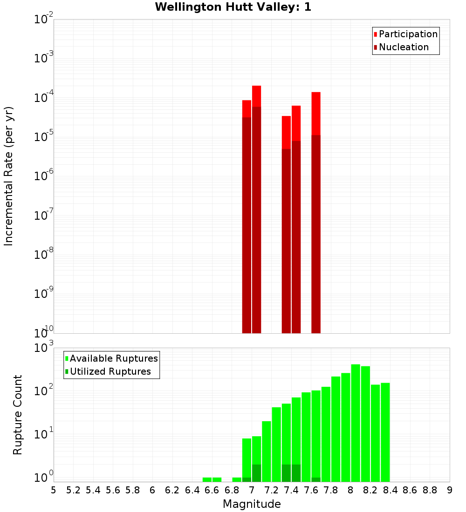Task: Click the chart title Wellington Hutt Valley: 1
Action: click(233, 7)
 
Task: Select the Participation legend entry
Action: click(408, 34)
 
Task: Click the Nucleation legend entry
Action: click(404, 47)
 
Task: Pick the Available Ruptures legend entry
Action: click(113, 359)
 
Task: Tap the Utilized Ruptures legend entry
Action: click(110, 372)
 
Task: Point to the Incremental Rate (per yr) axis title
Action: click(9, 176)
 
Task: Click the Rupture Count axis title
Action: click(18, 414)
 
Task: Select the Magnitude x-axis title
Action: click(252, 504)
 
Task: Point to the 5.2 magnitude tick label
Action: click(73, 490)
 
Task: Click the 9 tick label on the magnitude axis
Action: click(450, 490)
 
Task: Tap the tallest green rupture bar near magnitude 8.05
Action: click(356, 419)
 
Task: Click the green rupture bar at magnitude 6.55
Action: click(207, 479)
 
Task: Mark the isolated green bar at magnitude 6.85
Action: click(237, 479)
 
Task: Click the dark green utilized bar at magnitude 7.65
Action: click(316, 479)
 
